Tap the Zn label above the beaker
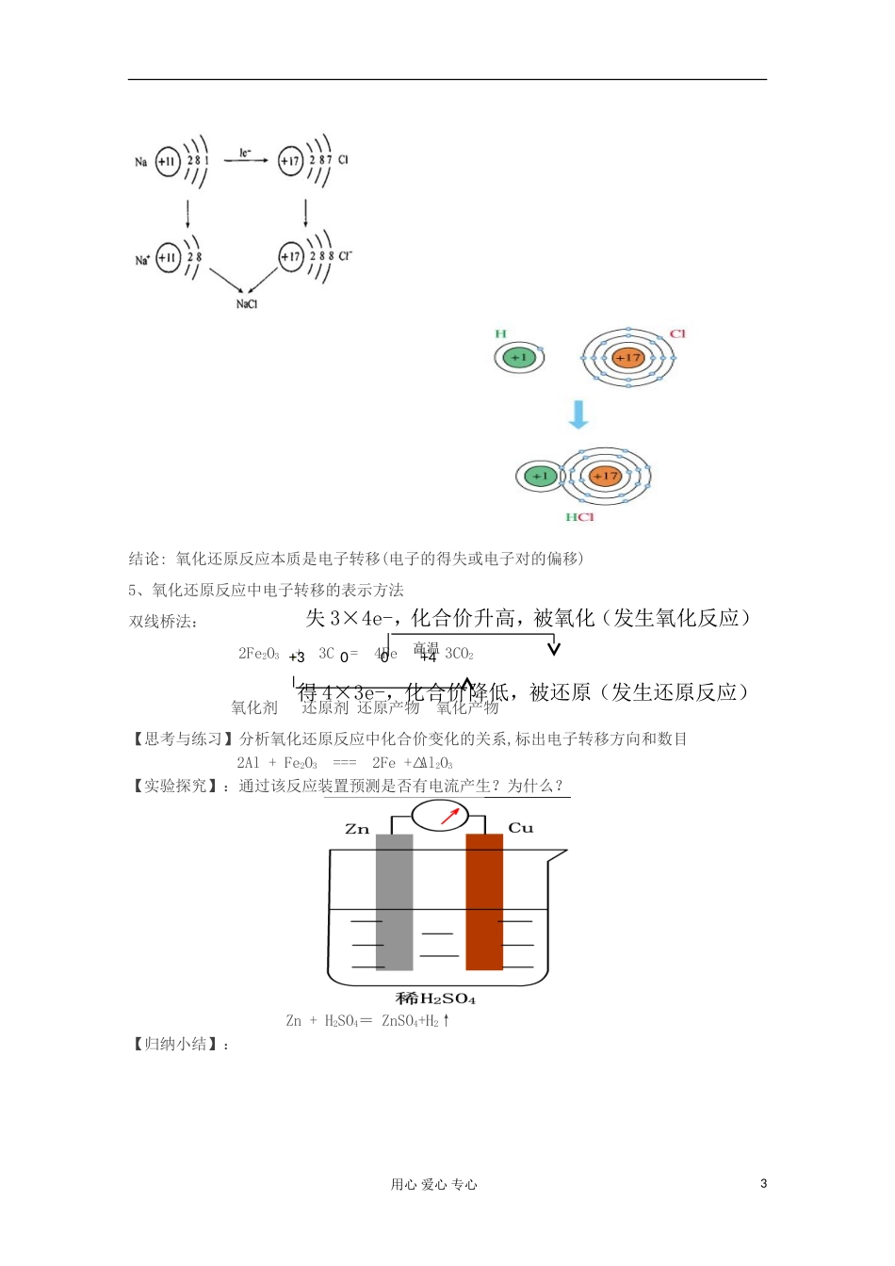[357, 829]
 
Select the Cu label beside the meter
[520, 828]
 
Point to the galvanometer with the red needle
[440, 815]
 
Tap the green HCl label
[579, 517]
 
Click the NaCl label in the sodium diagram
[247, 304]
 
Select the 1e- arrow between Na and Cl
[246, 159]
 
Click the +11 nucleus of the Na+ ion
[168, 257]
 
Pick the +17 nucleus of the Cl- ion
[291, 256]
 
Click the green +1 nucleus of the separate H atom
[518, 358]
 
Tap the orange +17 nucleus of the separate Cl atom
[627, 358]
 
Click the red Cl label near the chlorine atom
[677, 334]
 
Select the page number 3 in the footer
[763, 1184]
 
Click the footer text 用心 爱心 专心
[434, 1185]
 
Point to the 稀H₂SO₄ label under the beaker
[435, 998]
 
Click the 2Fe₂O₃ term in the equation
[258, 654]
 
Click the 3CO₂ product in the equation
[459, 654]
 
